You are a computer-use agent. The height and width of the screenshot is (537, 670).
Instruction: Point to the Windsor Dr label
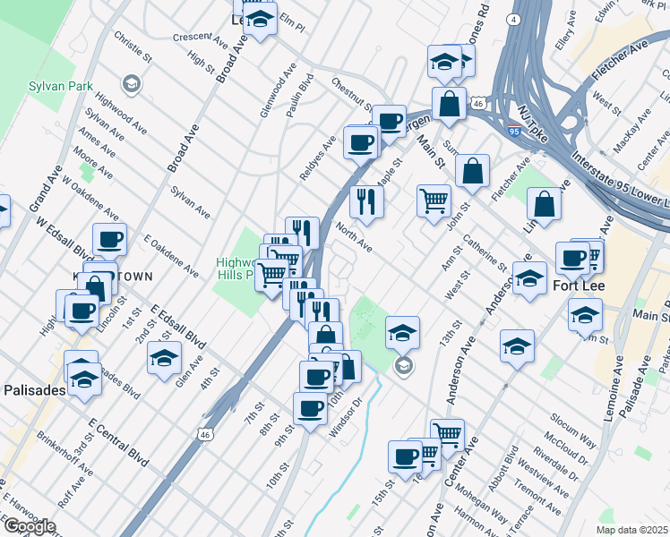[x=344, y=422]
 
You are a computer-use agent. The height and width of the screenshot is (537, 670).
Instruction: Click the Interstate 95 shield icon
[x=514, y=132]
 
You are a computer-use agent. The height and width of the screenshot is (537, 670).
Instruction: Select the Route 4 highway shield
[x=513, y=19]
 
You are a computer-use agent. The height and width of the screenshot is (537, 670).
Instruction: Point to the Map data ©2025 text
[x=631, y=530]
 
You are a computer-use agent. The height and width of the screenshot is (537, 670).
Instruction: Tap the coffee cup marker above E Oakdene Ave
[x=109, y=239]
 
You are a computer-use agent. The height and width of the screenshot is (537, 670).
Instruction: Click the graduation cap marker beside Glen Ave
[x=163, y=358]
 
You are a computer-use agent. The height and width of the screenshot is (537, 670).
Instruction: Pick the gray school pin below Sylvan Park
[x=132, y=84]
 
